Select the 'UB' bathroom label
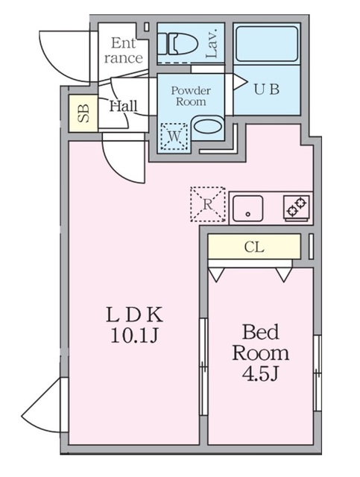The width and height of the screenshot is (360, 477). click(x=267, y=89)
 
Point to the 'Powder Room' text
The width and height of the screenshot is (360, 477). click(x=191, y=97)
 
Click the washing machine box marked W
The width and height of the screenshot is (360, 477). click(x=174, y=136)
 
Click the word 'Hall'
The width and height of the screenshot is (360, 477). click(x=123, y=106)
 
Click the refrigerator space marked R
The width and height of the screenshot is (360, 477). click(x=206, y=203)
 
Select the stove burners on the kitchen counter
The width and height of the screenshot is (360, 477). click(x=297, y=206)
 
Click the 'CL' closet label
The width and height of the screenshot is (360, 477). click(x=254, y=245)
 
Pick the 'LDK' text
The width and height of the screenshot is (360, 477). click(x=134, y=314)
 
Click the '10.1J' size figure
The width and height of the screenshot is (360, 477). click(x=135, y=335)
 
